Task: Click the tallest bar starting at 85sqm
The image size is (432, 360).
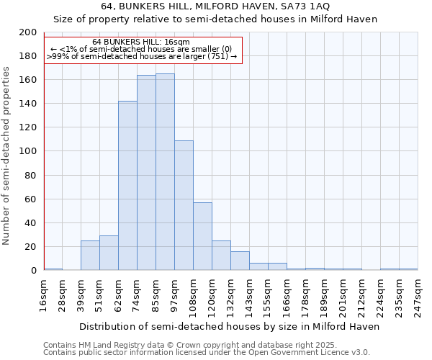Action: click(x=165, y=172)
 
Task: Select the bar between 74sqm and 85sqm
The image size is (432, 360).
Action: click(x=146, y=173)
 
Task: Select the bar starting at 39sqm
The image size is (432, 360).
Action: click(x=90, y=256)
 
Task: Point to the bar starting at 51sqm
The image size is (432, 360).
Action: click(x=109, y=253)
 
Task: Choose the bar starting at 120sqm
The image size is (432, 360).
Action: click(x=221, y=256)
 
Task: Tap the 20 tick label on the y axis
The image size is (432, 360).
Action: click(x=31, y=247)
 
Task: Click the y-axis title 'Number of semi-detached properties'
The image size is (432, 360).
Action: click(x=7, y=155)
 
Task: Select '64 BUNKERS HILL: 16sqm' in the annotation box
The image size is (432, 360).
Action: click(x=141, y=42)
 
